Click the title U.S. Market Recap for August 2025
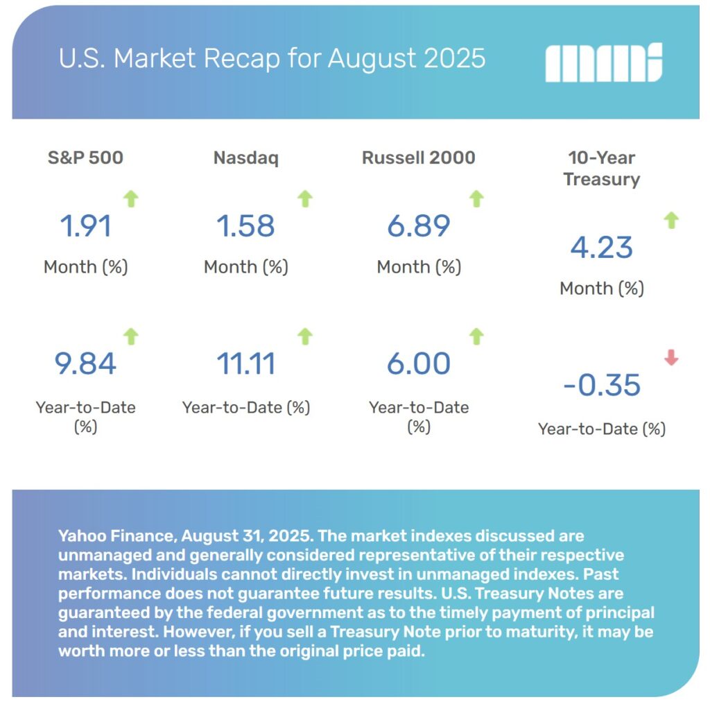[x=272, y=59]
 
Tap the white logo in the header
[x=603, y=62]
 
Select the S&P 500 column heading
[x=85, y=157]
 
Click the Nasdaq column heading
[x=245, y=157]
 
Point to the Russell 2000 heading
[x=418, y=157]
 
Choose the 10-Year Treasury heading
[x=601, y=169]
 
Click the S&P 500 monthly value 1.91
[x=85, y=226]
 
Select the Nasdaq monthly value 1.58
[x=245, y=226]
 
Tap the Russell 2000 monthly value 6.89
[x=418, y=226]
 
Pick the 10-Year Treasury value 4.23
[x=601, y=248]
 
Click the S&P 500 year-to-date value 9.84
[x=85, y=363]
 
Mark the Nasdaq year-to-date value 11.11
[x=245, y=363]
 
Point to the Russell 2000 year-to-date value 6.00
[x=418, y=363]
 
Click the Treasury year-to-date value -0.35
[x=601, y=386]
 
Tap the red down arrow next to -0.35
[x=671, y=358]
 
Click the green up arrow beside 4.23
[x=671, y=221]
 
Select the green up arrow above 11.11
[x=304, y=336]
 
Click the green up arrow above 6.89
[x=476, y=199]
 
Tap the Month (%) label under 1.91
[x=85, y=267]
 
